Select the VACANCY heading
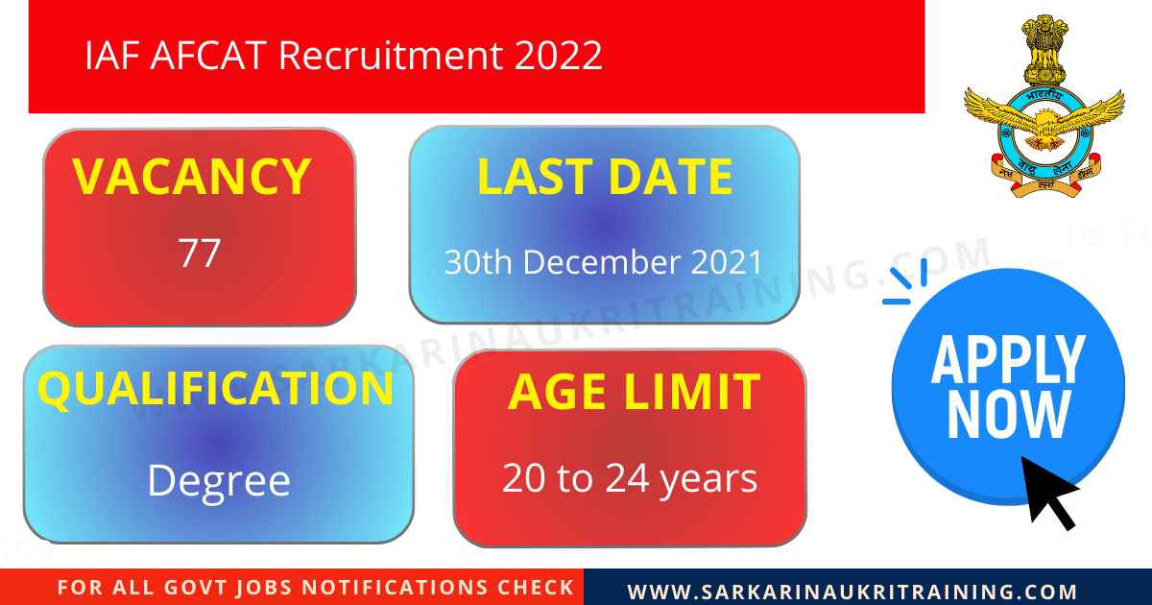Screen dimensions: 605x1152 [192, 177]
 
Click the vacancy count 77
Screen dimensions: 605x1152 [200, 253]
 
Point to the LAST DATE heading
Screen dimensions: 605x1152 [605, 178]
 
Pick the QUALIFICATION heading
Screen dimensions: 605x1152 [216, 389]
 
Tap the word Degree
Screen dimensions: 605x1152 [219, 479]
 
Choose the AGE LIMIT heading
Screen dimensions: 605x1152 [634, 392]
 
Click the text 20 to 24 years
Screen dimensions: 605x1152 [630, 478]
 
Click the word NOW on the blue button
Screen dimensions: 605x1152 [1008, 414]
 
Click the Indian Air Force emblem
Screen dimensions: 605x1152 [1044, 108]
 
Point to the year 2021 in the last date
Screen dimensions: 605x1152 [726, 262]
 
